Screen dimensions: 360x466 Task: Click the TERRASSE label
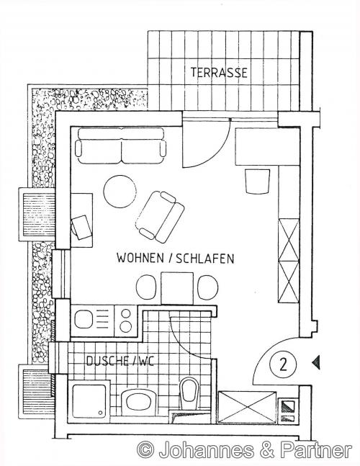(x=219, y=73)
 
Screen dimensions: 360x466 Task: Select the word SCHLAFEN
(x=205, y=259)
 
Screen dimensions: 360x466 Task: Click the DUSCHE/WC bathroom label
(x=120, y=361)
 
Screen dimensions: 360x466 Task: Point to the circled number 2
(x=283, y=364)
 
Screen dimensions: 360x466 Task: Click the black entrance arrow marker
(x=316, y=362)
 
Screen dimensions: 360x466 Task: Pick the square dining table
(x=177, y=288)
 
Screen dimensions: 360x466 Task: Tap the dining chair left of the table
(x=146, y=287)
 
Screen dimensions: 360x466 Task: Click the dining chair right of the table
(x=208, y=287)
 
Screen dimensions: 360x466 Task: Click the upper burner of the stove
(x=126, y=313)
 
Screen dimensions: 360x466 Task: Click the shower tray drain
(x=101, y=413)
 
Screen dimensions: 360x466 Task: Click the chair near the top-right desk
(x=257, y=182)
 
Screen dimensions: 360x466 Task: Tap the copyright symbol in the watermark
(x=145, y=449)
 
